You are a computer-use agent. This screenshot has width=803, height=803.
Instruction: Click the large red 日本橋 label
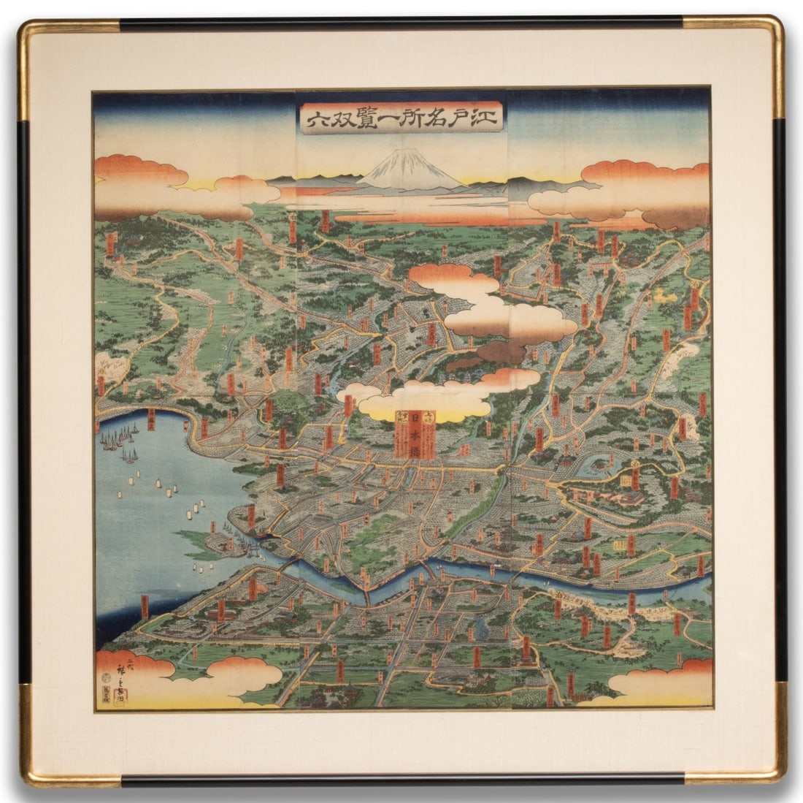pos(415,434)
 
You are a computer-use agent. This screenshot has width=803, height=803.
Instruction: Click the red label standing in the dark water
pos(145,606)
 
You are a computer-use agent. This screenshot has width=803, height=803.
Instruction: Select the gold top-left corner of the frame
pos(33,33)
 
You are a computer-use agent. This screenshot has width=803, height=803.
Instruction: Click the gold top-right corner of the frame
pos(770,33)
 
